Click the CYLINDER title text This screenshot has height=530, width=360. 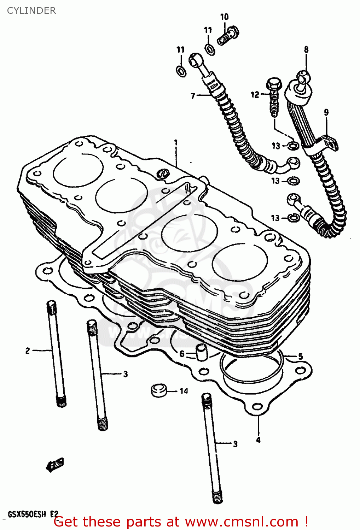(x=31, y=11)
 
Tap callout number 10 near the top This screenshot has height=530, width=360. (x=224, y=17)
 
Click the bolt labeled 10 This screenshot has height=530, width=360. (x=228, y=36)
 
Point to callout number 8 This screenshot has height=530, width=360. (x=306, y=49)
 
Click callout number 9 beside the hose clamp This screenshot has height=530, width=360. (x=326, y=112)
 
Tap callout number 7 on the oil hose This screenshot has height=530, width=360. (x=193, y=96)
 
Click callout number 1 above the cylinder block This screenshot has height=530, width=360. (x=176, y=143)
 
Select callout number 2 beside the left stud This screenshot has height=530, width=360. (x=28, y=351)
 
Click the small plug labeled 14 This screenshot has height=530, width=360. (x=159, y=390)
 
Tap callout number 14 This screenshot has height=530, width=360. (x=184, y=391)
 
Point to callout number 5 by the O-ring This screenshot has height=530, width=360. (x=301, y=356)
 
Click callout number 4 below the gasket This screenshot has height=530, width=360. (x=259, y=440)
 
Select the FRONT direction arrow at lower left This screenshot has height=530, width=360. (x=55, y=465)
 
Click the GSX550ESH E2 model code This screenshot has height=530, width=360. (x=33, y=514)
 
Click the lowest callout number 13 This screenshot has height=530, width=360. (x=275, y=218)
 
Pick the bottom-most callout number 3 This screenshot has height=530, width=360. (x=235, y=444)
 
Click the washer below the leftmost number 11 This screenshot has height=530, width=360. (x=181, y=71)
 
